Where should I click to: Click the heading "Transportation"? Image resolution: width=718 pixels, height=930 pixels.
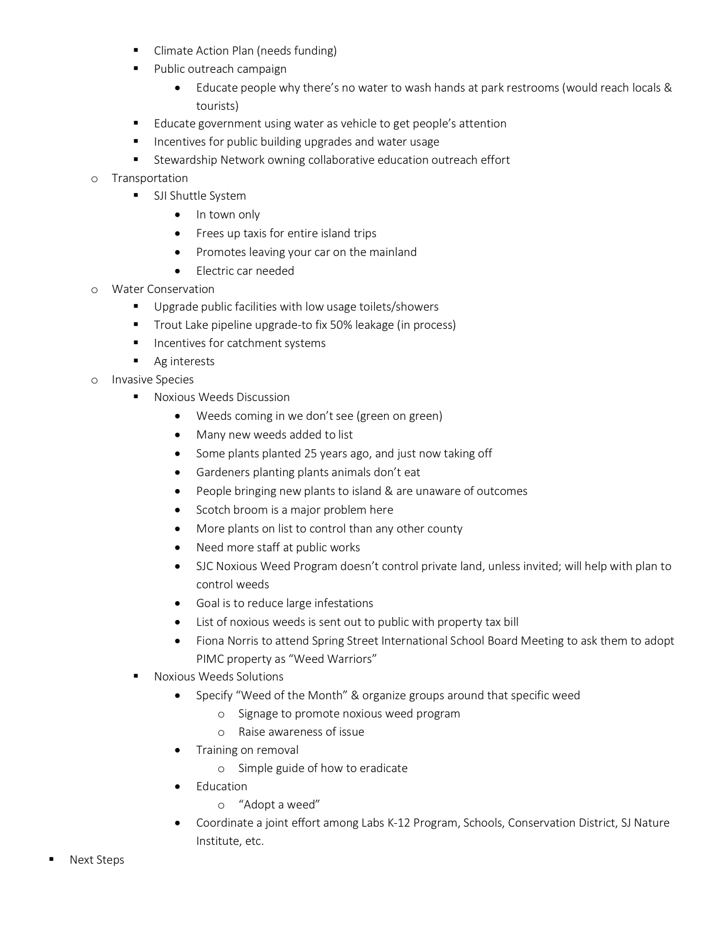coord(150,178)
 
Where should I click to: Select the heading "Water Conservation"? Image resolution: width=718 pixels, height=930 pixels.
coord(163,289)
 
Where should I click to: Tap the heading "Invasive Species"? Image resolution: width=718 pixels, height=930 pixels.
coord(153,379)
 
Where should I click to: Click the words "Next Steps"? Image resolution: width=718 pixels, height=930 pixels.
coord(97,860)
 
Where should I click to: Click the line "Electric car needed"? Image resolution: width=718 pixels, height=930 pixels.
coord(245,271)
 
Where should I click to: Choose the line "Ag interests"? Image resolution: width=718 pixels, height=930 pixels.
coord(184,361)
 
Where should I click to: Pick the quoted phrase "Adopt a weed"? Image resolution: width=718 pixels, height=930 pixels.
coord(279,804)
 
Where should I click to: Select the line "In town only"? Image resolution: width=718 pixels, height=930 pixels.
coord(228,214)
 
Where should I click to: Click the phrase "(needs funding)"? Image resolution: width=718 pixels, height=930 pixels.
coord(297,50)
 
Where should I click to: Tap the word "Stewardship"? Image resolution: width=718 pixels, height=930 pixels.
coord(185,160)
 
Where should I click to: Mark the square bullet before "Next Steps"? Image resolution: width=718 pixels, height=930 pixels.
coord(52,859)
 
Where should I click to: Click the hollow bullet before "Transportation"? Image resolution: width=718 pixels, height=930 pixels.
coord(94,178)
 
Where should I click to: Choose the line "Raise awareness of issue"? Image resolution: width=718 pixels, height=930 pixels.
coord(301,732)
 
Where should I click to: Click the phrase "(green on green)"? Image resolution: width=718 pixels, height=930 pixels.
coord(399,416)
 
